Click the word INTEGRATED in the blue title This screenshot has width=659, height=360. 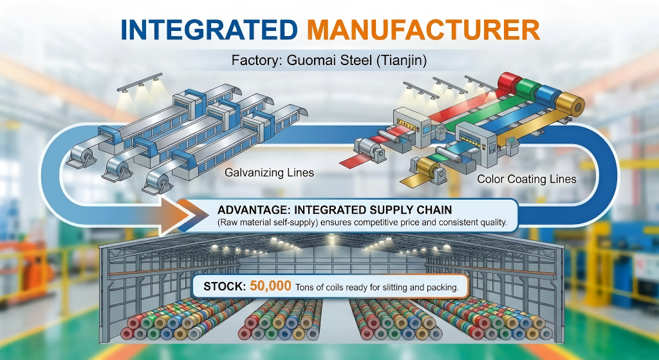tap(209, 30)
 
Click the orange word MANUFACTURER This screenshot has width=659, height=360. tap(423, 30)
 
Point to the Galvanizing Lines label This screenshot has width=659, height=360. tap(270, 173)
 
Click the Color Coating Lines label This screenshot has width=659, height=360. tap(526, 179)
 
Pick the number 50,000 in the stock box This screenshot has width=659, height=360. tap(270, 287)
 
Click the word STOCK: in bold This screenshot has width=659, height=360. tap(225, 287)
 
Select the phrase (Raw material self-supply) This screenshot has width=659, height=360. tap(268, 222)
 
